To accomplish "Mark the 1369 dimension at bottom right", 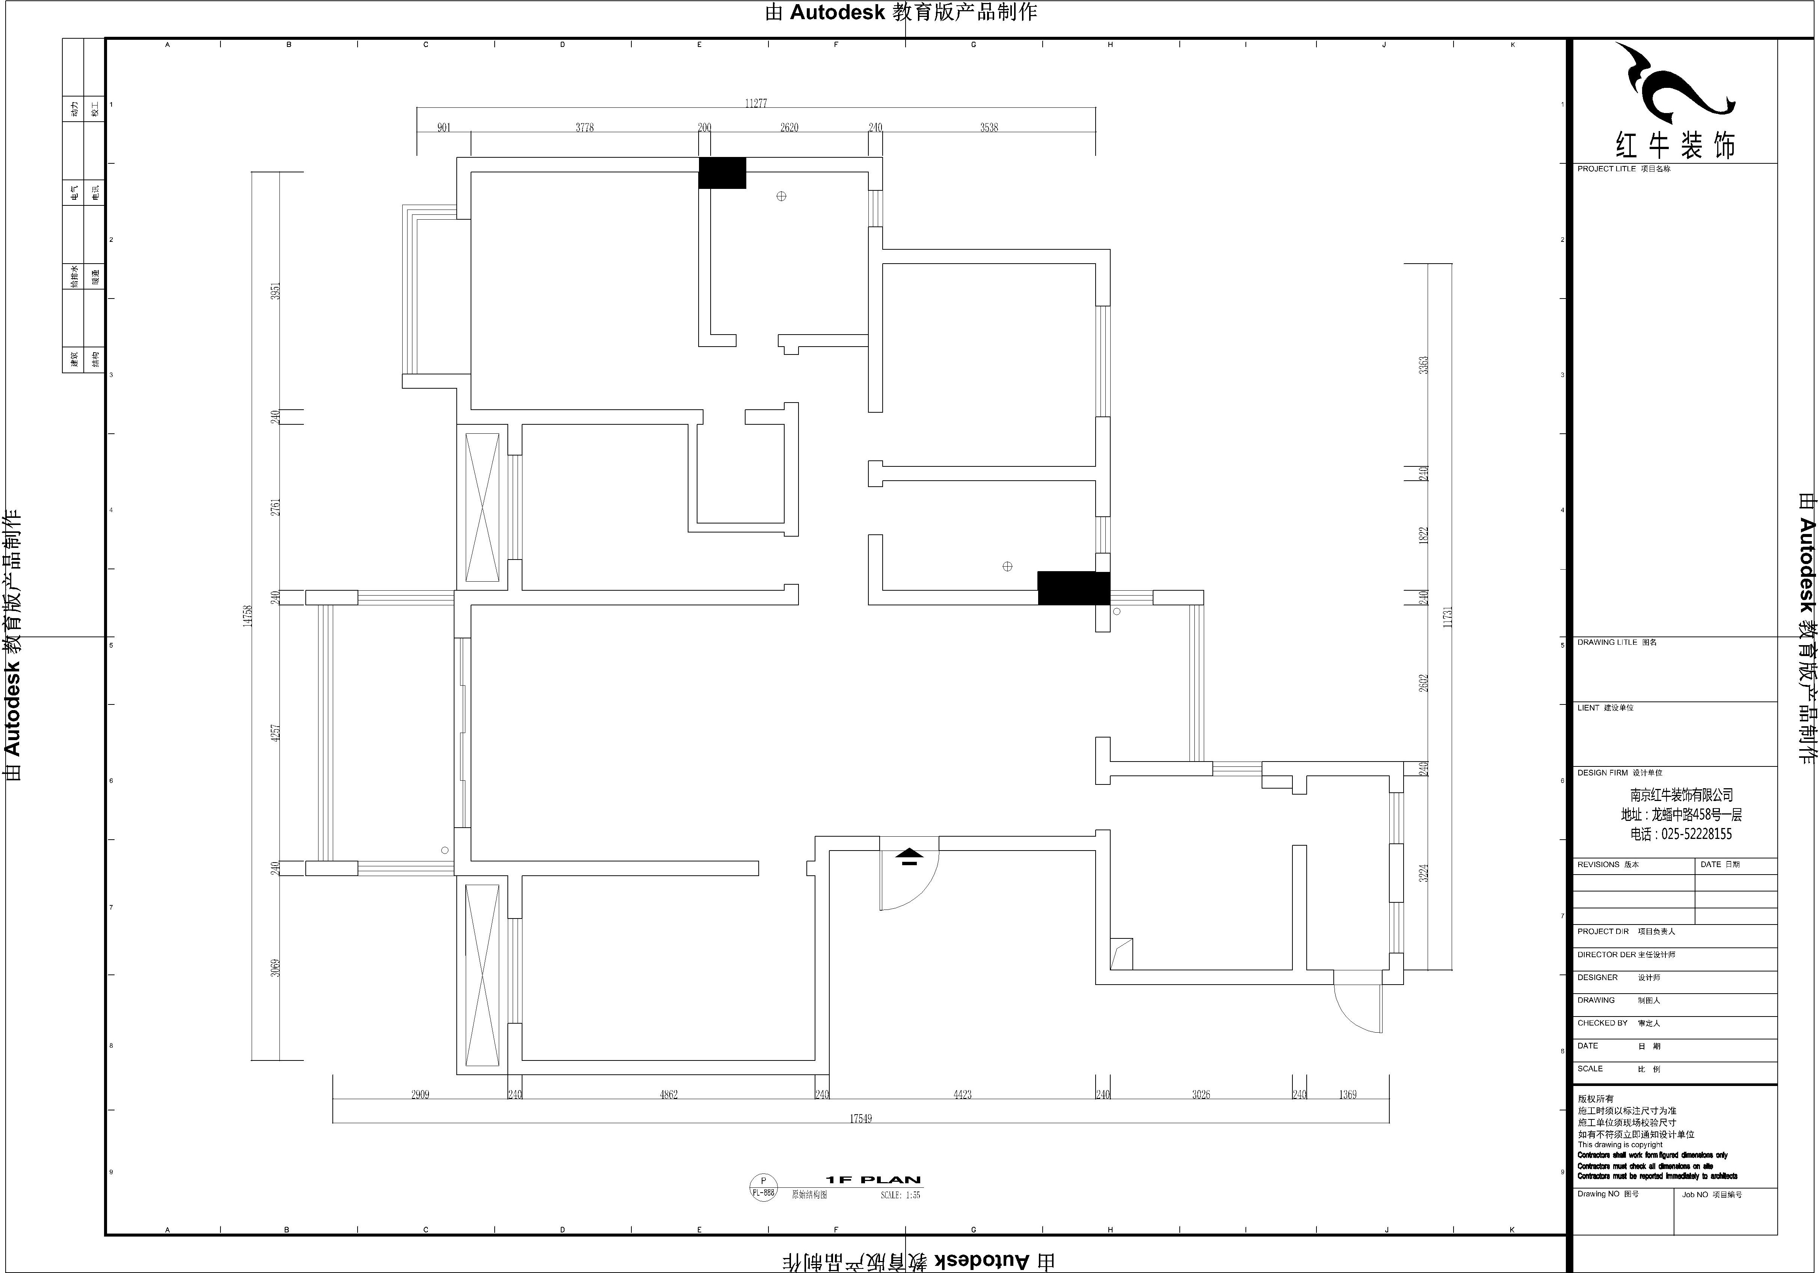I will (1348, 1095).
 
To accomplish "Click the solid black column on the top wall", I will (722, 173).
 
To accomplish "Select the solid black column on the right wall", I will (1073, 588).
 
